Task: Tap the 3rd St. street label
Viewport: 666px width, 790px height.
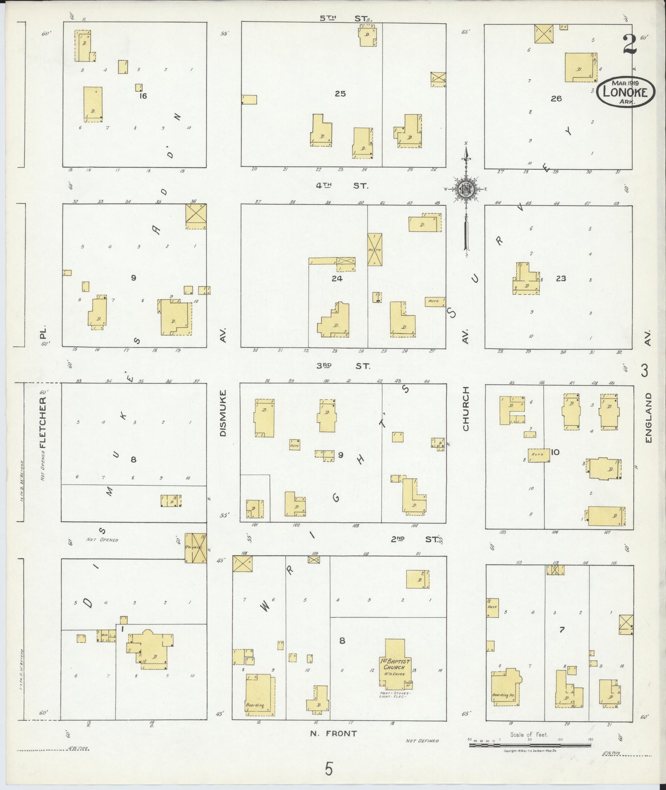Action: tap(343, 366)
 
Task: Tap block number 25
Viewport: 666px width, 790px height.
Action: tap(340, 94)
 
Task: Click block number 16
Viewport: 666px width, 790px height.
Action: tap(143, 96)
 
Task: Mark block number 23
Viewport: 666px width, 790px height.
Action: tap(561, 279)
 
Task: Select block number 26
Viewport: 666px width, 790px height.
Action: tap(556, 99)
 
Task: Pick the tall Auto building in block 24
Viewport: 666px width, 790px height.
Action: tap(374, 249)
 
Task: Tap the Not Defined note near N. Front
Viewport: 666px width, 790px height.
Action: tap(422, 741)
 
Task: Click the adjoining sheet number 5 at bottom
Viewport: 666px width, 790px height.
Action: tap(329, 768)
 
